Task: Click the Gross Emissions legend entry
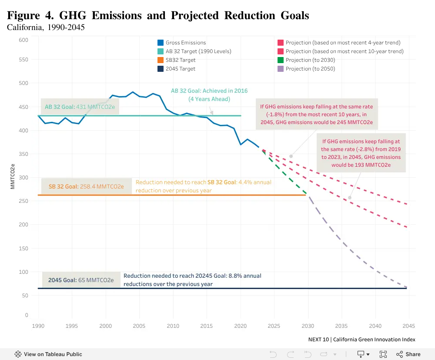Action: [182, 43]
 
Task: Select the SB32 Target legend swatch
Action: [161, 60]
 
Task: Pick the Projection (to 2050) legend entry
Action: [306, 69]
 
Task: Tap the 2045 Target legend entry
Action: [177, 69]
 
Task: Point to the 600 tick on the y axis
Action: [23, 40]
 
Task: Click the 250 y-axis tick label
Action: [23, 201]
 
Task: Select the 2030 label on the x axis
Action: [308, 326]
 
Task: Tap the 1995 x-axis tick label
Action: [72, 326]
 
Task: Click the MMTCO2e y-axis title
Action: [13, 177]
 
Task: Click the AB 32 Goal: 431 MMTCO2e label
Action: [80, 107]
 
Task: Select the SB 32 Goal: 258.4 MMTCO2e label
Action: [86, 186]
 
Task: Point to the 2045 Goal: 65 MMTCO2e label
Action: [81, 280]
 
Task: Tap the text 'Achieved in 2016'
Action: [225, 91]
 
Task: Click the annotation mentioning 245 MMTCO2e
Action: [317, 114]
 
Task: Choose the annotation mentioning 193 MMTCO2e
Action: [361, 153]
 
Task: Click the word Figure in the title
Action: [23, 16]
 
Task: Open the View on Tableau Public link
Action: [48, 354]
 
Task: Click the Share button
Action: [408, 354]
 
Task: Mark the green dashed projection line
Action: [284, 171]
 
